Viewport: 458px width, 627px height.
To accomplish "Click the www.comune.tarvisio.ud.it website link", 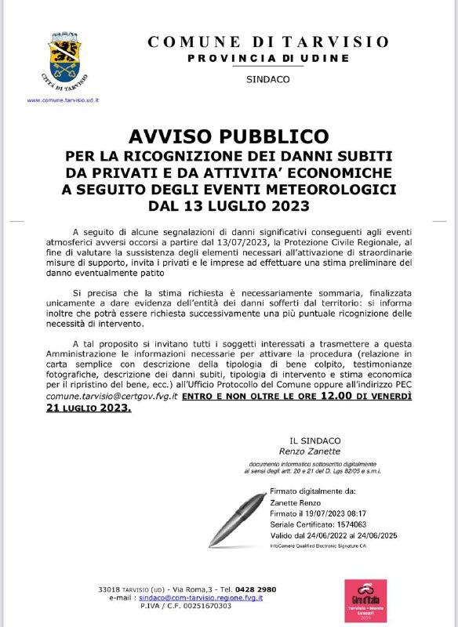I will click(x=62, y=100).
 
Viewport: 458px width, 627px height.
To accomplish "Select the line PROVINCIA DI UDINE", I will click(x=267, y=59).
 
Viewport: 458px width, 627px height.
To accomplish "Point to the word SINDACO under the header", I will click(x=267, y=80).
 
